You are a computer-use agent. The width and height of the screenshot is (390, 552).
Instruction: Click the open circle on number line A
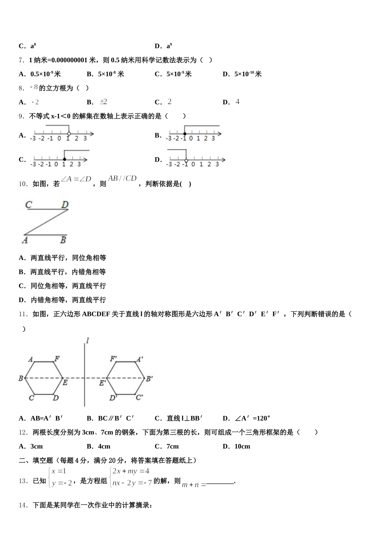point(69,133)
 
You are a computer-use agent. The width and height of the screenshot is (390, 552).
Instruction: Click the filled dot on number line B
point(184,133)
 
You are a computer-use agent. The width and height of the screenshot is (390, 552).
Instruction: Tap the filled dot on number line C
point(64,159)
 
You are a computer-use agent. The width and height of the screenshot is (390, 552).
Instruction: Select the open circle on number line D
point(186,159)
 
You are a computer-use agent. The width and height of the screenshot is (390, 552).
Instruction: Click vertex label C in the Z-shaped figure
point(29,205)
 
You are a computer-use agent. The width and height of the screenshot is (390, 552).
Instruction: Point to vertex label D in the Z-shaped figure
point(65,205)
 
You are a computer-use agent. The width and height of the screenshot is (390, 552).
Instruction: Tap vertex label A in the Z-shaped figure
point(25,240)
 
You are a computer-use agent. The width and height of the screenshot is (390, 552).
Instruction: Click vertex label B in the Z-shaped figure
point(63,240)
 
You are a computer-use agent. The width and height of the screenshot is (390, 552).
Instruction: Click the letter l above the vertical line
point(87,340)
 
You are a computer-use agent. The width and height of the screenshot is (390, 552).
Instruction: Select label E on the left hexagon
point(65,383)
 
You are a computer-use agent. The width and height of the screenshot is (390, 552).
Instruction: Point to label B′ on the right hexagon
point(150,378)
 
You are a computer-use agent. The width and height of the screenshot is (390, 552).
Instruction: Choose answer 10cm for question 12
point(242,446)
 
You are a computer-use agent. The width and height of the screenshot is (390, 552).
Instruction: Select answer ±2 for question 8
point(103,102)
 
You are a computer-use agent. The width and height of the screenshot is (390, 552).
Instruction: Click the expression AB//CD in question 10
point(122,178)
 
